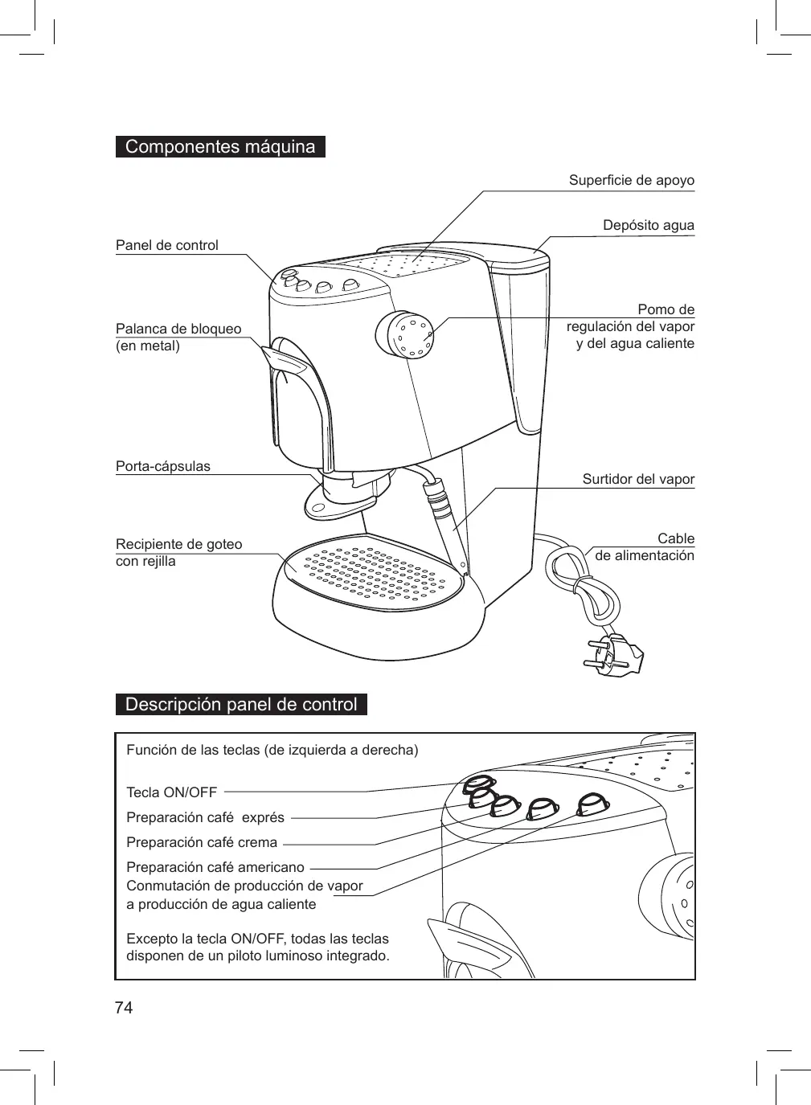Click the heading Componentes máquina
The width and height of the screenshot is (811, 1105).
[220, 147]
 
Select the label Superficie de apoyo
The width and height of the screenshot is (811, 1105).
[631, 180]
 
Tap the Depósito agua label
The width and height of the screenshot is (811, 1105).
[648, 225]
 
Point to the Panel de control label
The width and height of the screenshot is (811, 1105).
[167, 245]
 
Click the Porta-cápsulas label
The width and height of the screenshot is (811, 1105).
[163, 466]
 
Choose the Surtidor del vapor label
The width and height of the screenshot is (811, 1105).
[638, 479]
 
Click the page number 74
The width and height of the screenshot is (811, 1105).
[124, 1008]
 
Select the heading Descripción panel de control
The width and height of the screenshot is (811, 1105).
[241, 705]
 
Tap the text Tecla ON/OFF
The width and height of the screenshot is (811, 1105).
[172, 792]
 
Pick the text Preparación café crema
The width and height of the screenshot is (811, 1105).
[202, 842]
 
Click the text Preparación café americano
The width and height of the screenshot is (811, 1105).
[215, 867]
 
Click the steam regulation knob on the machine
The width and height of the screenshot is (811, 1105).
[406, 334]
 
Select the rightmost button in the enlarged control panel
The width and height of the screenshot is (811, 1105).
[593, 804]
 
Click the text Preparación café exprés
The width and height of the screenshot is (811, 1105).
[206, 817]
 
